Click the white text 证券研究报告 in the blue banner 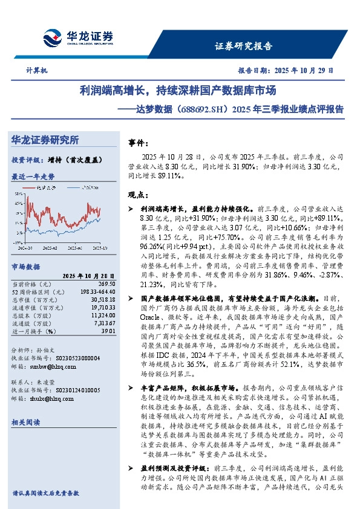244,46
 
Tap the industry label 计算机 37,70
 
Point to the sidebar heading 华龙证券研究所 45,140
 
